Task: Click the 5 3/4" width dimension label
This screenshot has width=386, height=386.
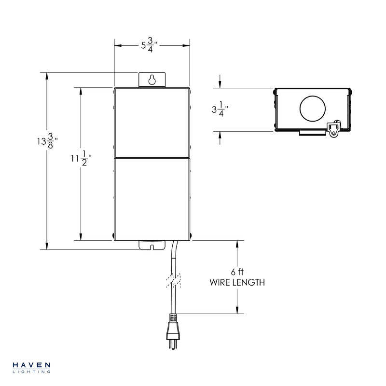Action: [150, 46]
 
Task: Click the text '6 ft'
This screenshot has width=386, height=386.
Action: [237, 272]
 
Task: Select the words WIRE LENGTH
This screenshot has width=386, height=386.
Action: [237, 283]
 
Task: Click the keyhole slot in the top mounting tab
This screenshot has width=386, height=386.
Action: [152, 80]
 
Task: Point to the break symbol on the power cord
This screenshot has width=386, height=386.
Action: [173, 281]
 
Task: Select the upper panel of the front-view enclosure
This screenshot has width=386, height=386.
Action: [152, 123]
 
